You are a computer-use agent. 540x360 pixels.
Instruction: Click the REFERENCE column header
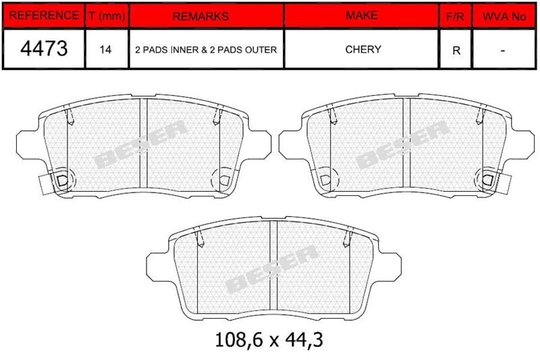[44, 16]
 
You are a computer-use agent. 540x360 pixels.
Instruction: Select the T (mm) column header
[107, 16]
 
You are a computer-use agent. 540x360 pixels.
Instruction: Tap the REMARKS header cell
[200, 16]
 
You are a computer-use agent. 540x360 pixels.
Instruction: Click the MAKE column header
[362, 15]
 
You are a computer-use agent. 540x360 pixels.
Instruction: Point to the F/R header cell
[455, 16]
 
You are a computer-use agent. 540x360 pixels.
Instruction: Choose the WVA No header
[504, 16]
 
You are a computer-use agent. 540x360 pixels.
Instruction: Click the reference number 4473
[44, 48]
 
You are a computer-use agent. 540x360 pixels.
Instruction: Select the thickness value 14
[105, 49]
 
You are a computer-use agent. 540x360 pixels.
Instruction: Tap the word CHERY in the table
[363, 49]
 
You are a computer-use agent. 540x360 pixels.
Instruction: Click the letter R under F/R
[456, 51]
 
